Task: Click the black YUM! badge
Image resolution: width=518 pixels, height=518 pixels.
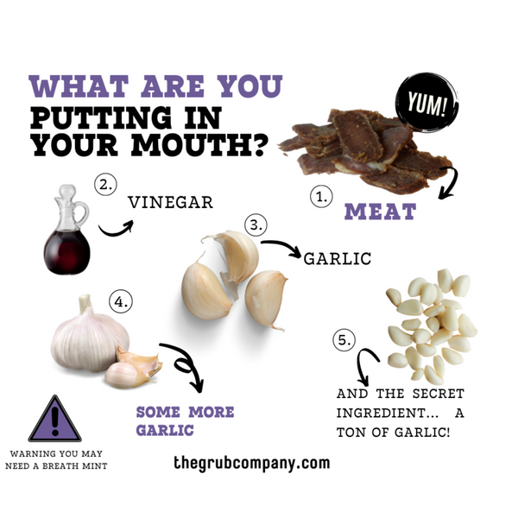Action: pyautogui.click(x=427, y=102)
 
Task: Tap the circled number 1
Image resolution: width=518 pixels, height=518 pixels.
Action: pyautogui.click(x=321, y=197)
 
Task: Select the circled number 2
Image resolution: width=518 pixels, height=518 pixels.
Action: pyautogui.click(x=105, y=185)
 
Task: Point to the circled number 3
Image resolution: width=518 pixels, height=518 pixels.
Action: pyautogui.click(x=256, y=224)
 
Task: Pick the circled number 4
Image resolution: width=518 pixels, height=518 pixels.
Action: pyautogui.click(x=121, y=301)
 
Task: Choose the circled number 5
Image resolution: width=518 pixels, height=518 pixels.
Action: pyautogui.click(x=344, y=340)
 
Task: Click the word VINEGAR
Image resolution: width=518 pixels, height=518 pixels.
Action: pyautogui.click(x=170, y=203)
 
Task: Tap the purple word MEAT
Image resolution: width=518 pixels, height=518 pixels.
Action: pyautogui.click(x=380, y=212)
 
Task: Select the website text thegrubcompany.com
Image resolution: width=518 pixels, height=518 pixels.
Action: pyautogui.click(x=252, y=463)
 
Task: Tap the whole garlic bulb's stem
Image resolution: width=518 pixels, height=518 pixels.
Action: pyautogui.click(x=85, y=303)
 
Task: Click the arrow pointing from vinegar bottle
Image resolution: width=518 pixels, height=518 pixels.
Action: pyautogui.click(x=117, y=229)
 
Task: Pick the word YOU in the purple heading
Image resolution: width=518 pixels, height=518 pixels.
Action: pyautogui.click(x=250, y=86)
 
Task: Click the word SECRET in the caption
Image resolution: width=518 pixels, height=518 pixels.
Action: pyautogui.click(x=439, y=394)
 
